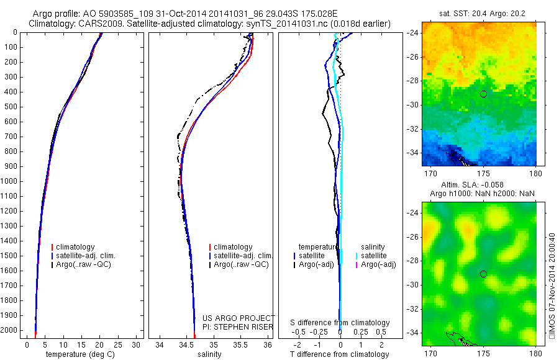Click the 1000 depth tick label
pos(9,181)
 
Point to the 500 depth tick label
pos(11,107)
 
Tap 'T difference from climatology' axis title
pos(339,354)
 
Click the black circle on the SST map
pos(483,94)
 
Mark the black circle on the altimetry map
pos(483,274)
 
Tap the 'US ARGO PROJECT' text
pos(239,318)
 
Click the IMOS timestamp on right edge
pos(552,285)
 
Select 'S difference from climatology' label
pos(340,323)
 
